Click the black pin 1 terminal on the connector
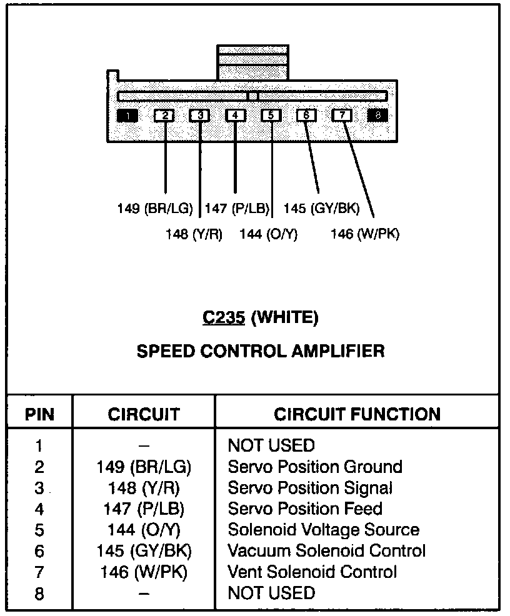[x=127, y=116]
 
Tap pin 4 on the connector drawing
[x=235, y=116]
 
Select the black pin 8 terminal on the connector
[x=378, y=116]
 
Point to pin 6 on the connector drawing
[x=306, y=116]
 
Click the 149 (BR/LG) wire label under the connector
[x=155, y=208]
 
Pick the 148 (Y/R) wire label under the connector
[x=194, y=234]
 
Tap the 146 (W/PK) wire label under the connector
[x=365, y=234]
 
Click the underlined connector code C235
[x=223, y=318]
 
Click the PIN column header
[x=39, y=414]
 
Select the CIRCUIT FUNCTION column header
[x=357, y=414]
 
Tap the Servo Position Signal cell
[x=310, y=488]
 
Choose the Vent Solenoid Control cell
[x=312, y=572]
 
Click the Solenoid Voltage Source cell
[x=323, y=530]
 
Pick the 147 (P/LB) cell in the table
[x=144, y=509]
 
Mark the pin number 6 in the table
[x=39, y=551]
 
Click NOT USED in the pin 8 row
[x=271, y=592]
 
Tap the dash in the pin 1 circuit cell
[x=144, y=446]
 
